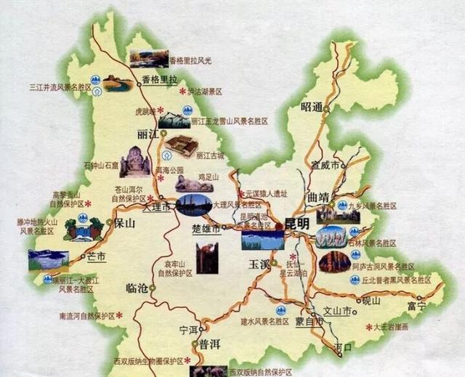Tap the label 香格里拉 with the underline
[159, 81]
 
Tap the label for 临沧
[137, 288]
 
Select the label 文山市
[337, 311]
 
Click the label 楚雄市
[206, 228]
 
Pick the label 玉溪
[259, 262]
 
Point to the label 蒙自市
[309, 321]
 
